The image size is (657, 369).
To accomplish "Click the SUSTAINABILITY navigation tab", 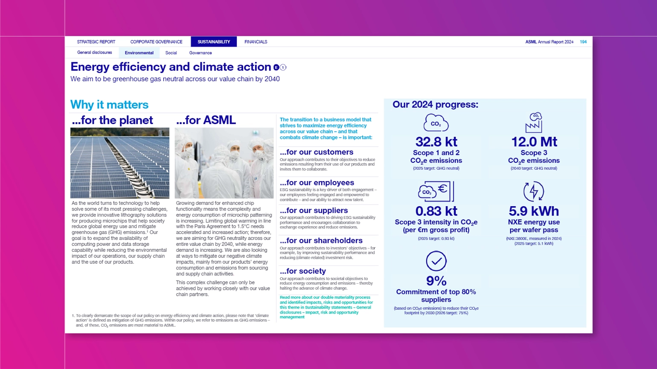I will click(x=214, y=42).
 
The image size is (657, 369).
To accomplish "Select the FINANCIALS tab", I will click(x=256, y=42).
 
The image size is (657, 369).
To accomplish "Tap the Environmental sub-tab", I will click(x=139, y=53).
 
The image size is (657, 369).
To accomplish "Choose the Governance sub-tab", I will click(x=201, y=53).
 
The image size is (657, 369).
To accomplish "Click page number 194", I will click(x=583, y=42).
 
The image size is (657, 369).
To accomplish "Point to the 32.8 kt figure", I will click(x=436, y=141).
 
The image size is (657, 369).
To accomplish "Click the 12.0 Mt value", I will click(x=534, y=141).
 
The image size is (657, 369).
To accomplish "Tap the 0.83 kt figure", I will click(x=436, y=211).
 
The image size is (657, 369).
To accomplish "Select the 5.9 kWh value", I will click(x=534, y=211).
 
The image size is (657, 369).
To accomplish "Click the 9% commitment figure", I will click(x=436, y=281).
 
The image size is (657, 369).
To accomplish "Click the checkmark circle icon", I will click(x=436, y=261).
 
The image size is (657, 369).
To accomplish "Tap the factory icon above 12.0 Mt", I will click(x=534, y=123).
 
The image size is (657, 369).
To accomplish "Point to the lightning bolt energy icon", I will click(x=534, y=191).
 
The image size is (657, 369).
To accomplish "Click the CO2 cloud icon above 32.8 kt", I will click(x=436, y=123).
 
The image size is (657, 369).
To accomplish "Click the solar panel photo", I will click(x=120, y=163).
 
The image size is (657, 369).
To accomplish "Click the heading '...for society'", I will click(x=302, y=271).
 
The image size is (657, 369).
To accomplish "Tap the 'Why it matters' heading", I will click(x=109, y=105).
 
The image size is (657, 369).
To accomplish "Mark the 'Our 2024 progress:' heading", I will click(x=435, y=104).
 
